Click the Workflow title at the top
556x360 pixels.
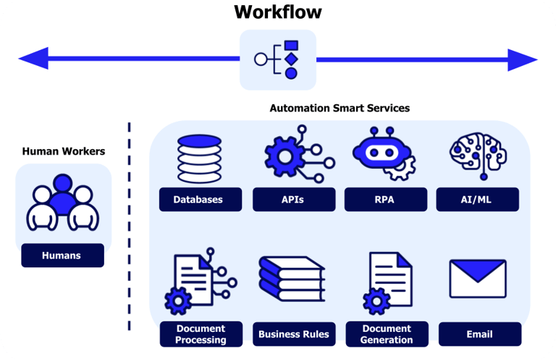[278, 12]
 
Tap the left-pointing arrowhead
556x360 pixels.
[34, 59]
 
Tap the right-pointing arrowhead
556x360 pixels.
[523, 60]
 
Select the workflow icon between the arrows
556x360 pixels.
[278, 59]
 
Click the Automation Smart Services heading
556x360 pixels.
[340, 108]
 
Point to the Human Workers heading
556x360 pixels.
[64, 151]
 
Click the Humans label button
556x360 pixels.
[63, 256]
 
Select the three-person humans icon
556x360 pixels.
[63, 203]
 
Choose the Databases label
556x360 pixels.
[201, 200]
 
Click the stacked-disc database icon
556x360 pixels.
[200, 159]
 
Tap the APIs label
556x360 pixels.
[294, 200]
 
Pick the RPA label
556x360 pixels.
[386, 200]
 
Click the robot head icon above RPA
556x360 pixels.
[384, 154]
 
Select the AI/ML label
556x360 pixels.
[478, 200]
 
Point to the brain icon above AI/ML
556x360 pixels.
[478, 155]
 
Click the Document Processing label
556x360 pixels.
[201, 334]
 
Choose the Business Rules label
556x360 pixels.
[294, 334]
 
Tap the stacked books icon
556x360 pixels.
[292, 280]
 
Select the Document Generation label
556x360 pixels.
[387, 334]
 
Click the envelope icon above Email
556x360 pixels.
[478, 279]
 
